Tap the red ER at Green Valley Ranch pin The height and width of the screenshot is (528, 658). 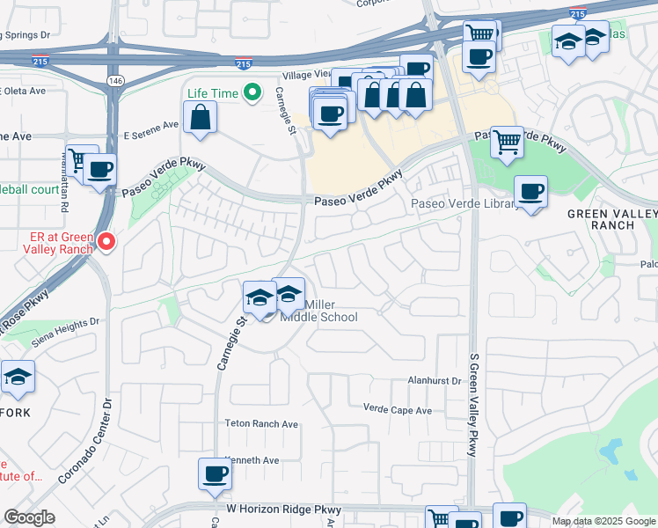click(x=106, y=240)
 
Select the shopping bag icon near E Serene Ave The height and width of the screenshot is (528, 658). click(x=201, y=117)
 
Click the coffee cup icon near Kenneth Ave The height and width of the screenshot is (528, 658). click(x=215, y=475)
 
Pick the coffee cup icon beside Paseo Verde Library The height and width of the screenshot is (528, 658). click(x=530, y=192)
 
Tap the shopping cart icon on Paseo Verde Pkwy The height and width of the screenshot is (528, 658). click(x=507, y=142)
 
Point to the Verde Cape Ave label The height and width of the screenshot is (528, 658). click(x=398, y=410)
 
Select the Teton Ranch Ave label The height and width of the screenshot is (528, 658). click(x=262, y=424)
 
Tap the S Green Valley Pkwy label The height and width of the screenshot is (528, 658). click(x=472, y=400)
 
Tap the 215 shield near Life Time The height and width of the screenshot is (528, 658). click(x=244, y=63)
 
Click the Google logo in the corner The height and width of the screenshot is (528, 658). click(x=29, y=517)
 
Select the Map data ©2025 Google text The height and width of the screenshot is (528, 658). click(x=603, y=521)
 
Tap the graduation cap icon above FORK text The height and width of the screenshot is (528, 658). click(x=18, y=377)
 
